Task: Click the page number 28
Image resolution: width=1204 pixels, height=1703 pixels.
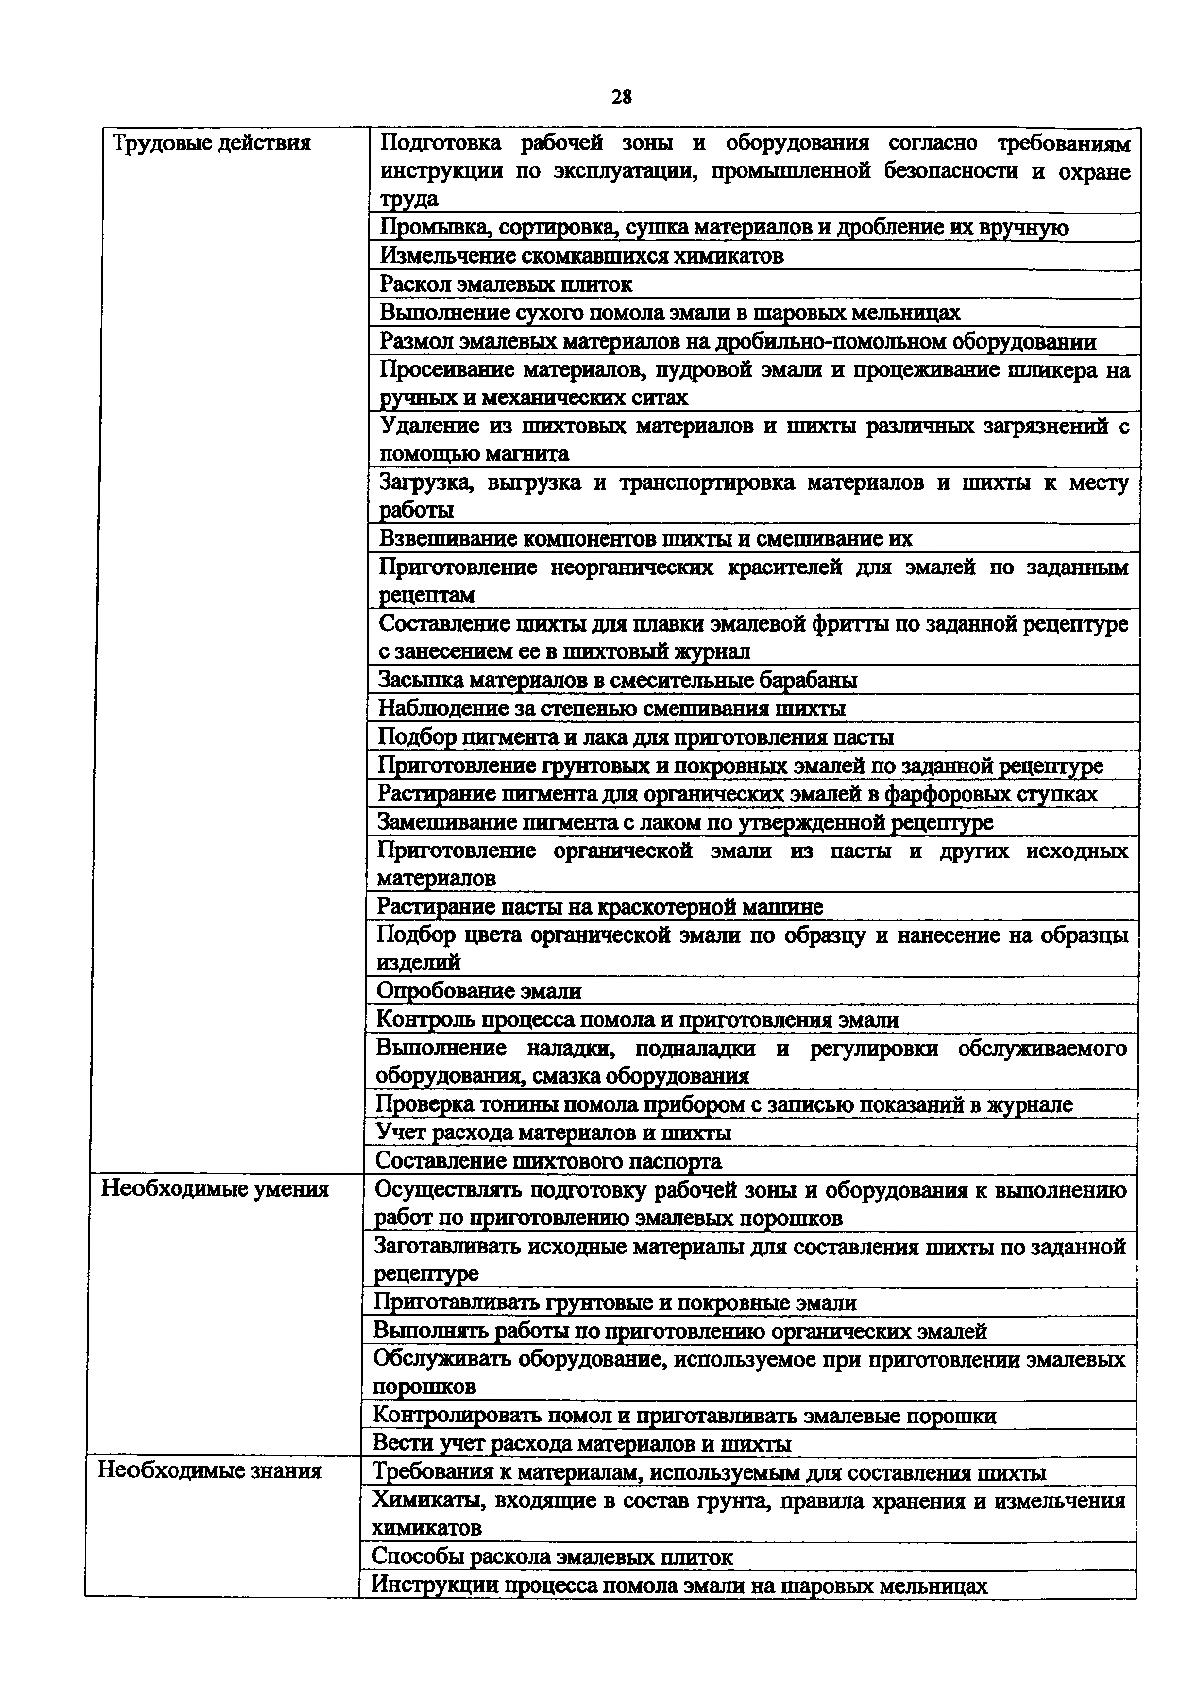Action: point(622,97)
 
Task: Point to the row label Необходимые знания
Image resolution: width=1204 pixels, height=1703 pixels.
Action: point(210,1470)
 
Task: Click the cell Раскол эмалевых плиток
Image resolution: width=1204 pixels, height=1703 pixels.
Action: point(507,284)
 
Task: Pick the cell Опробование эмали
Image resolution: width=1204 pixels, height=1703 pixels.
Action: point(479,990)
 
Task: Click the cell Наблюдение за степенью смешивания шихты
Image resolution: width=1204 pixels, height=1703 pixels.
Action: point(612,708)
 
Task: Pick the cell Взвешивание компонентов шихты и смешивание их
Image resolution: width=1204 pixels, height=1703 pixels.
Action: point(645,538)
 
